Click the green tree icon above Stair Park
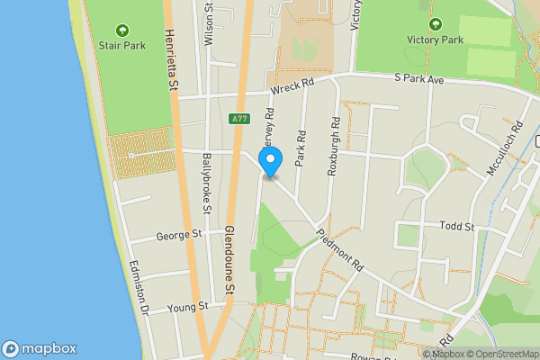pyautogui.click(x=121, y=28)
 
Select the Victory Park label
pyautogui.click(x=435, y=40)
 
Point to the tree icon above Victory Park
pyautogui.click(x=436, y=24)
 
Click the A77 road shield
pyautogui.click(x=238, y=118)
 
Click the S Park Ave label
pyautogui.click(x=419, y=79)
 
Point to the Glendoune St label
pyautogui.click(x=230, y=258)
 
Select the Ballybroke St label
pyautogui.click(x=206, y=185)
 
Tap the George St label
pyautogui.click(x=176, y=235)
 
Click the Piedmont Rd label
pyautogui.click(x=339, y=249)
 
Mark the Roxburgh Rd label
pyautogui.click(x=332, y=145)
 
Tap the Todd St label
pyautogui.click(x=456, y=227)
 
